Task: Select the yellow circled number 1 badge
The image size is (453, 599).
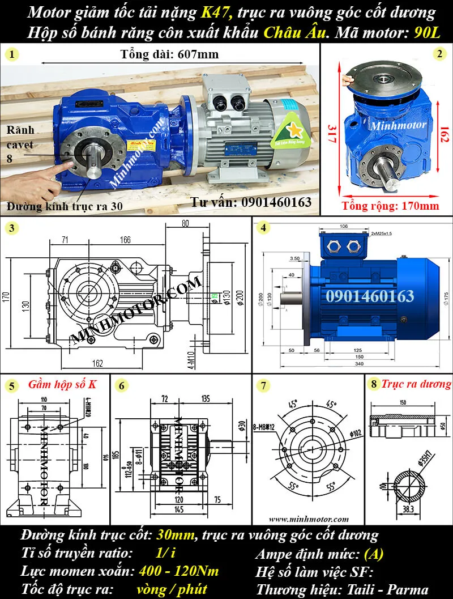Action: point(12,54)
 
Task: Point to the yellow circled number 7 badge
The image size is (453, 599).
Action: point(263,386)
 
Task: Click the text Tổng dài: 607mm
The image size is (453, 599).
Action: point(170,55)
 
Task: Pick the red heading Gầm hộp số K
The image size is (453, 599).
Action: point(63,385)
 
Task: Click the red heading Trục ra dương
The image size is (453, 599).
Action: point(416,384)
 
